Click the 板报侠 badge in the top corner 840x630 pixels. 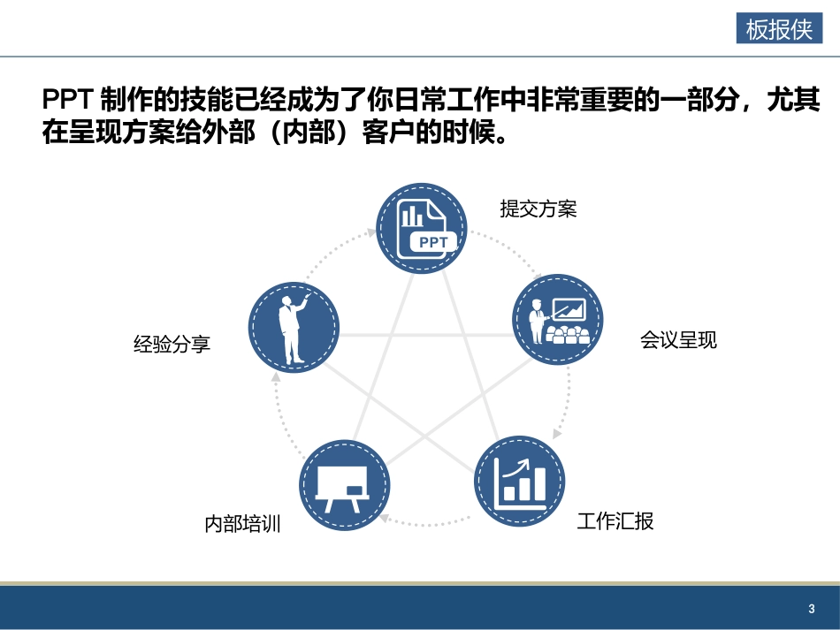tap(779, 29)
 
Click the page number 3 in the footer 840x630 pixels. tap(811, 609)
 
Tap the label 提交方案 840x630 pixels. tap(538, 209)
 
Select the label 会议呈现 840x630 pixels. tap(678, 340)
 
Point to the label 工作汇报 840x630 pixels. tap(615, 520)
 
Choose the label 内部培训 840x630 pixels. tap(242, 524)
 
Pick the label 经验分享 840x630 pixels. tap(172, 344)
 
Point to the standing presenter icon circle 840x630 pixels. tap(293, 328)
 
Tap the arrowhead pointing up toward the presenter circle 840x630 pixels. tap(276, 376)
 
